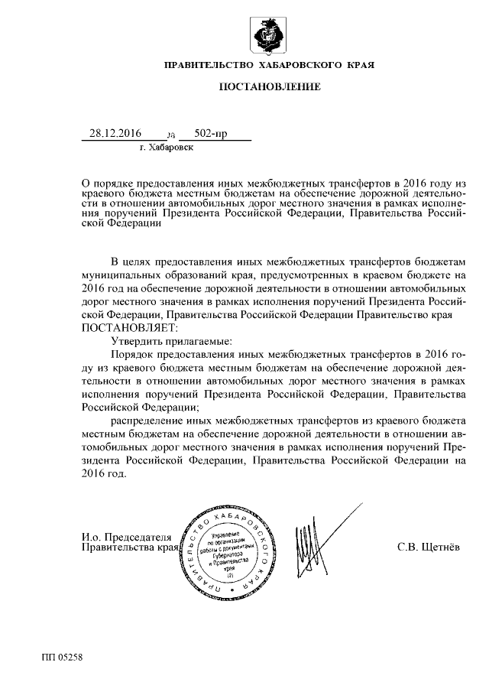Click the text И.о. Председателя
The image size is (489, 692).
[x=128, y=536]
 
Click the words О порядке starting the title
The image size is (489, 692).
[x=108, y=184]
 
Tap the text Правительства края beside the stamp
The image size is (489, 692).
[x=130, y=548]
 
